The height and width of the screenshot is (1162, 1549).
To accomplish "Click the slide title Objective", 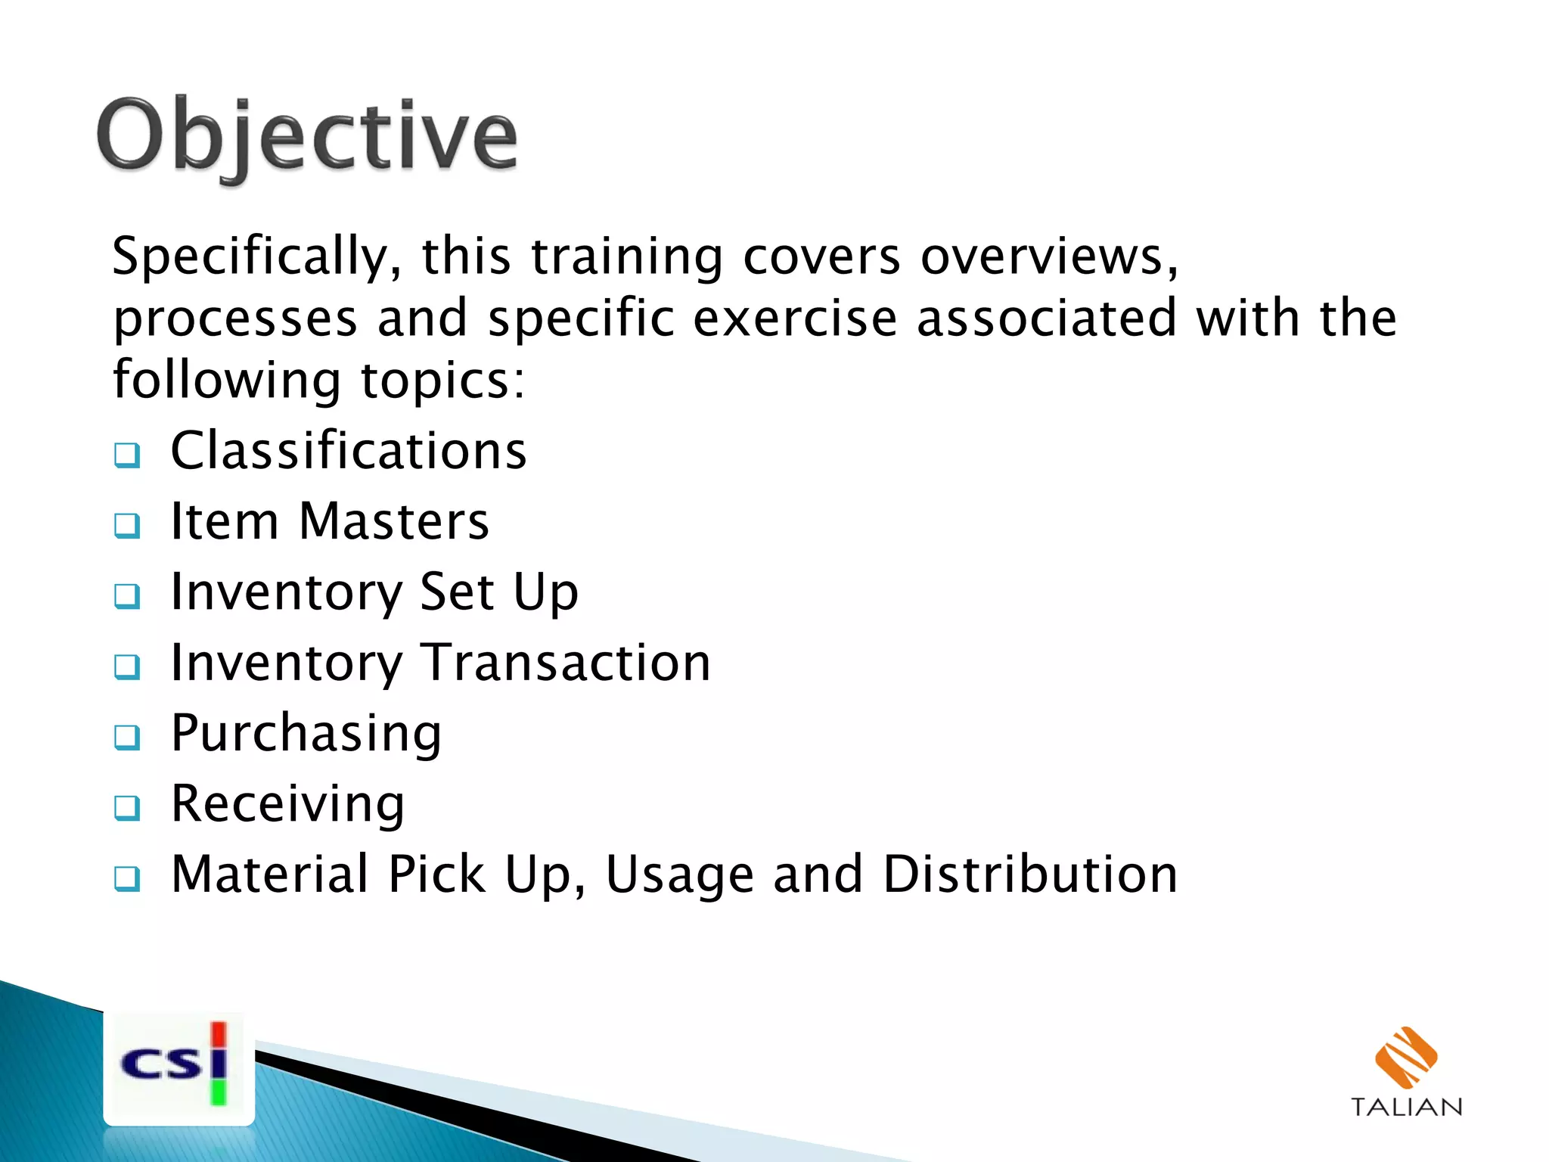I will click(306, 136).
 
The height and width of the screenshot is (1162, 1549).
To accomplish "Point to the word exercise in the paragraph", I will click(794, 318).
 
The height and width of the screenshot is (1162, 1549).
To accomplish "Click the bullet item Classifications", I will click(348, 451).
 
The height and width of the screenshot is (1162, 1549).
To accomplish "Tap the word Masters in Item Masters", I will click(394, 521).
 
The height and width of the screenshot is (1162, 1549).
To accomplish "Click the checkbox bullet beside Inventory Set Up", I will click(127, 595).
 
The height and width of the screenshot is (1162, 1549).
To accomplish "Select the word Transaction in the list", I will click(566, 663).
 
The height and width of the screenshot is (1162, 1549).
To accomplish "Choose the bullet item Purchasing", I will click(306, 734).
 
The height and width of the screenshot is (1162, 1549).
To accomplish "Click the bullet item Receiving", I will click(288, 803).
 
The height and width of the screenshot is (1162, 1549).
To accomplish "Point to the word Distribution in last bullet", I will click(1030, 875).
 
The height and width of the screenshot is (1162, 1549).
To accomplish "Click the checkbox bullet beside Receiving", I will click(127, 807).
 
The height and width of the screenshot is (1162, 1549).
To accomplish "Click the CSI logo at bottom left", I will click(178, 1067).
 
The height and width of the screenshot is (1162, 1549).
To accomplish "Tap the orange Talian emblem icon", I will click(1405, 1056).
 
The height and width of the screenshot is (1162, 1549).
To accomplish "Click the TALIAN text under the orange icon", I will click(1406, 1108).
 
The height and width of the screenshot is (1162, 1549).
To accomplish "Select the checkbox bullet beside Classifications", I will click(127, 455).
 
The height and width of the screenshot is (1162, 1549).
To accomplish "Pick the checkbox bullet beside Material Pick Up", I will click(127, 878).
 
